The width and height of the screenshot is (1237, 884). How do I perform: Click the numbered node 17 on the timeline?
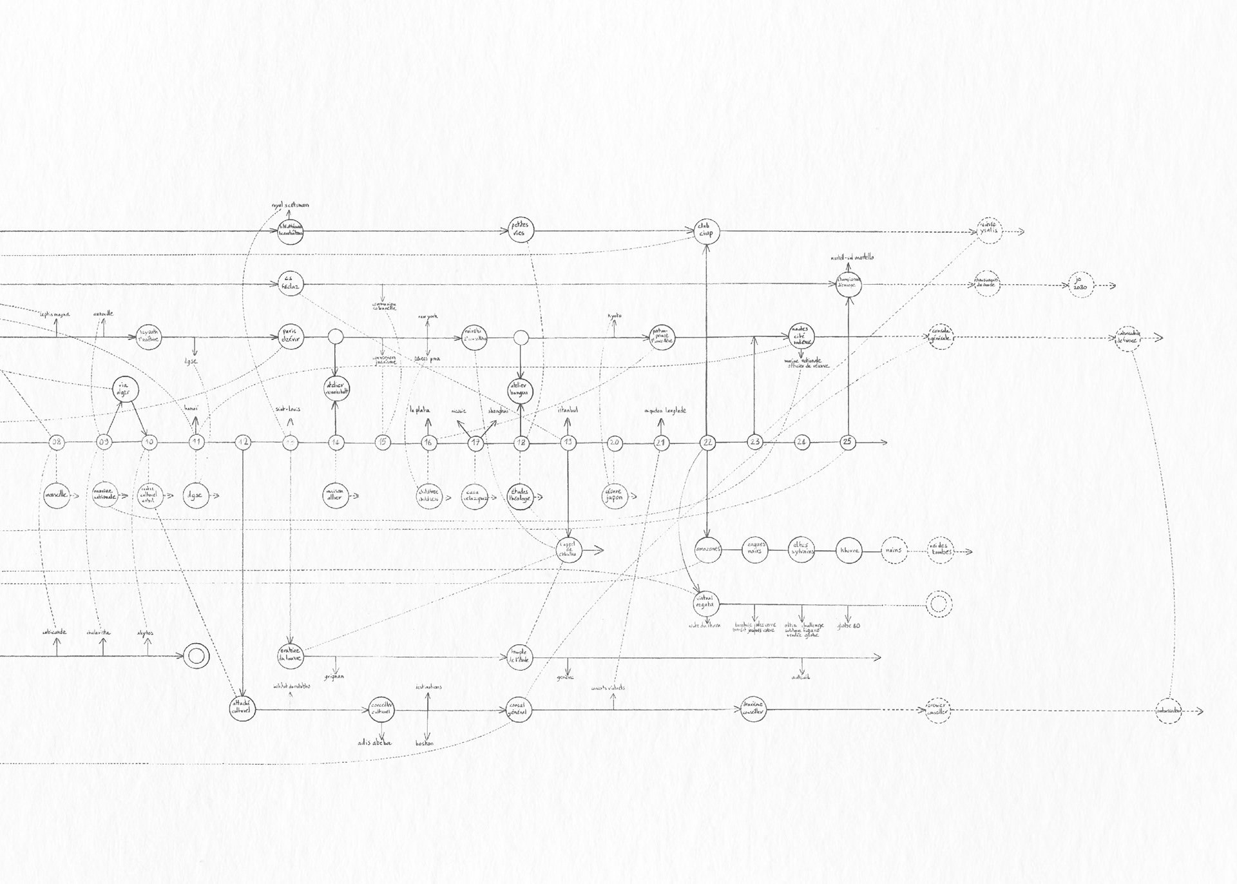tap(475, 443)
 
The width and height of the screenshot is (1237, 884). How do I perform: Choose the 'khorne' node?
tap(848, 551)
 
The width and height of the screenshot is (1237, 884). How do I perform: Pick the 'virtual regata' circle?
tap(707, 604)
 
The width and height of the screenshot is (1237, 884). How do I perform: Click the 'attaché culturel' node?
tap(244, 709)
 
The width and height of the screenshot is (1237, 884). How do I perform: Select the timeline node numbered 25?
tap(848, 442)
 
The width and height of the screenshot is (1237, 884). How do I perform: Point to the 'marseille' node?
tap(57, 495)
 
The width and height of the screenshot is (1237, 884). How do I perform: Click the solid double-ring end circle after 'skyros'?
tap(197, 657)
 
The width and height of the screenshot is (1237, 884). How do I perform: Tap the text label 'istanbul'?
tap(568, 410)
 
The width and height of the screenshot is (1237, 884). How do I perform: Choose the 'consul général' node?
tap(519, 709)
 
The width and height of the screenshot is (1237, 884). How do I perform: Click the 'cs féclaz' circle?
tap(291, 284)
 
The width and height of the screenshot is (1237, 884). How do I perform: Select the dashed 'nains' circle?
tap(894, 551)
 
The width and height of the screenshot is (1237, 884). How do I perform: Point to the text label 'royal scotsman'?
tap(290, 205)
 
